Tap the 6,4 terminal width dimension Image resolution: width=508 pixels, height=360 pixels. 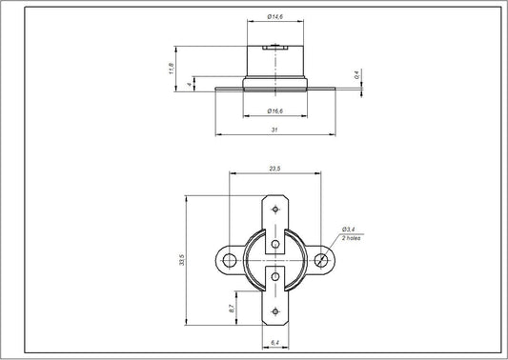coord(274,341)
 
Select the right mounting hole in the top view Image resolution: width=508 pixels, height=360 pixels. coord(324,259)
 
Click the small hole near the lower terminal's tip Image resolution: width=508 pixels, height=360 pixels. coord(274,310)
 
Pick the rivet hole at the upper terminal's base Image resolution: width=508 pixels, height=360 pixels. coord(274,243)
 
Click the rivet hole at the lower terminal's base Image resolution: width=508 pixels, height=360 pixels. coord(274,276)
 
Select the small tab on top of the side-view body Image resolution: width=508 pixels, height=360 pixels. coord(274,46)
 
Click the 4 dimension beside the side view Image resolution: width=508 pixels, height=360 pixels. coord(192,84)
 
